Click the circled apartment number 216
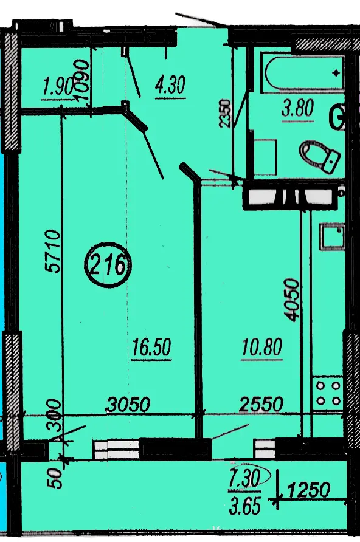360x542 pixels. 108,265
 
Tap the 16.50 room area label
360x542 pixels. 151,347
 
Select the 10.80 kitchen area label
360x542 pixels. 261,347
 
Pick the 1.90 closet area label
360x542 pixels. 57,86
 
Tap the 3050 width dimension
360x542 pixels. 128,404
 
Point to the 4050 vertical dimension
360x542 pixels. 291,300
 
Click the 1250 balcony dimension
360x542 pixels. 308,490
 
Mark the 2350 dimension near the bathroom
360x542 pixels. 225,114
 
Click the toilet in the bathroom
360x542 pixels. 319,156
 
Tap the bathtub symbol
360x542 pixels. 303,73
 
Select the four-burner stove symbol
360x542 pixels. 328,394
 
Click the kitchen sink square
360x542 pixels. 333,236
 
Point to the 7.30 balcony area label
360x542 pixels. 244,479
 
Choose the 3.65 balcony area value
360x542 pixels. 244,506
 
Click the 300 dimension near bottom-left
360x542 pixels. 54,415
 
